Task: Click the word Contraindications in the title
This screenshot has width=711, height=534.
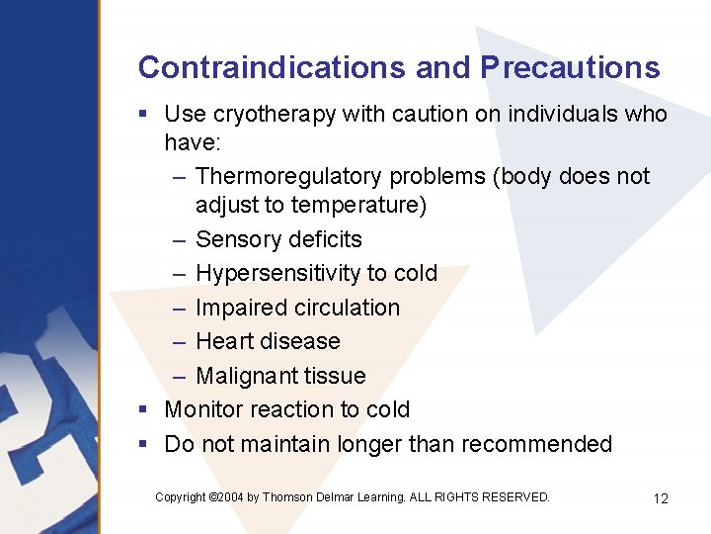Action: pyautogui.click(x=272, y=67)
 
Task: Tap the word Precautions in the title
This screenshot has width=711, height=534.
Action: pyautogui.click(x=570, y=67)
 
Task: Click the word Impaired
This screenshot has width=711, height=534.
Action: pyautogui.click(x=238, y=308)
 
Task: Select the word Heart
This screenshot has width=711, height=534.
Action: pyautogui.click(x=223, y=341)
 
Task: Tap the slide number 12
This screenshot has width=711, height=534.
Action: pyautogui.click(x=661, y=498)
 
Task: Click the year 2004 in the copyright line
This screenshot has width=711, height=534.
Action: pyautogui.click(x=229, y=497)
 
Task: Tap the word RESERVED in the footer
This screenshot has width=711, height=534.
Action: pyautogui.click(x=515, y=497)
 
